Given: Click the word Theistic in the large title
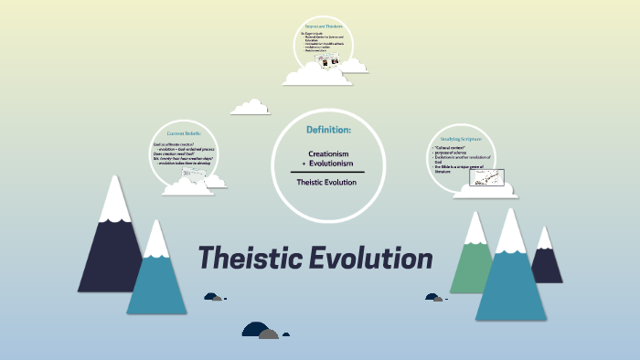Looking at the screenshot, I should point(249,259).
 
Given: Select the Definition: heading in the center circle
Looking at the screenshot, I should point(328,131).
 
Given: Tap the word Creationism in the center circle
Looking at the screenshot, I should point(328,154).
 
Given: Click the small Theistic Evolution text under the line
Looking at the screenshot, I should point(327,182).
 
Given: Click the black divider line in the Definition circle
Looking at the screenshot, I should point(327,172).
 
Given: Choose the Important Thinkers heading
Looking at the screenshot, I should point(324,27).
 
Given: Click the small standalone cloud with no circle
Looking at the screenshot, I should point(251,108).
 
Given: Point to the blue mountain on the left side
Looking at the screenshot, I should point(156,274).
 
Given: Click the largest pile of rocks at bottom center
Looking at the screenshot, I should point(260,331).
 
